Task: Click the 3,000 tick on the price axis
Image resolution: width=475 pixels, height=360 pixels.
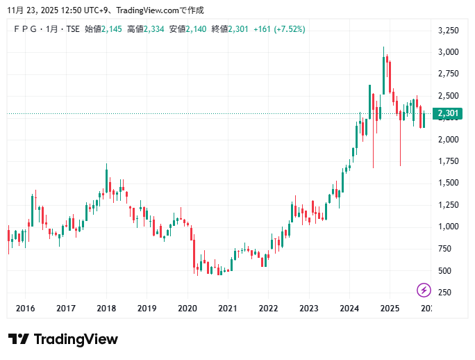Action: pyautogui.click(x=448, y=52)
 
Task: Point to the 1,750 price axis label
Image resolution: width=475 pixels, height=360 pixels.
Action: pyautogui.click(x=448, y=161)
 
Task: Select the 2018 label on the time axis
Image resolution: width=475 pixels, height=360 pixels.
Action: pyautogui.click(x=106, y=309)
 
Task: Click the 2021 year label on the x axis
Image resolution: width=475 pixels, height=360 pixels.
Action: pyautogui.click(x=228, y=309)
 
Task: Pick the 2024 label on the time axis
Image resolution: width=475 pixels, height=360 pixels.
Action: pyautogui.click(x=349, y=309)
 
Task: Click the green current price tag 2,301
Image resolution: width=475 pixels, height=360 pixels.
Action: pyautogui.click(x=448, y=113)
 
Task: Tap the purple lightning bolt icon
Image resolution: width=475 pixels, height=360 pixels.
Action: pyautogui.click(x=424, y=290)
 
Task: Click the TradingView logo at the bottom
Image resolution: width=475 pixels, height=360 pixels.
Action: pyautogui.click(x=62, y=339)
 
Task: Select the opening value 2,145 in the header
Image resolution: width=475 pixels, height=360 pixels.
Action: pyautogui.click(x=112, y=28)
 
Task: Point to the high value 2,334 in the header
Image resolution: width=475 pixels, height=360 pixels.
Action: pyautogui.click(x=153, y=28)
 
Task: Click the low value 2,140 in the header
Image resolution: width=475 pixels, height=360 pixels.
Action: pyautogui.click(x=197, y=28)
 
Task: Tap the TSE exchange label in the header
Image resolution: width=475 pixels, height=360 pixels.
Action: pyautogui.click(x=73, y=28)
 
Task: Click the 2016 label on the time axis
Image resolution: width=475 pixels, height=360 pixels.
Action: pyautogui.click(x=25, y=309)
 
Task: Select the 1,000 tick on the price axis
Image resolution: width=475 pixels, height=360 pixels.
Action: pyautogui.click(x=448, y=227)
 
